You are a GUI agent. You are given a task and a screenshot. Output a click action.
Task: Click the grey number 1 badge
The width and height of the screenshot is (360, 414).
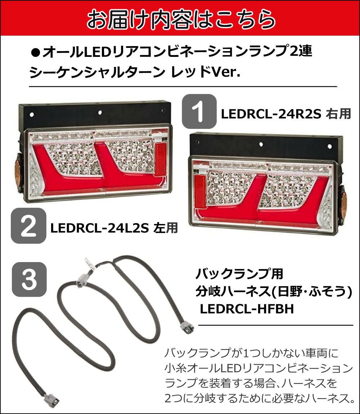tap(199, 112)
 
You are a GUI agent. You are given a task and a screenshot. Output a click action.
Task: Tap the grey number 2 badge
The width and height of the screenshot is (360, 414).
tap(28, 226)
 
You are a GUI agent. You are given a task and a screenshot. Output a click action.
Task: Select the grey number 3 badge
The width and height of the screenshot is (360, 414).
tap(29, 279)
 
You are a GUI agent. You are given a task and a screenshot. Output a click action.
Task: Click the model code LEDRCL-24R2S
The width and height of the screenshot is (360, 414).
tap(271, 114)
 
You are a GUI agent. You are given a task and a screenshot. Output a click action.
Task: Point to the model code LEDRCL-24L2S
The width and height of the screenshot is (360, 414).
tap(100, 228)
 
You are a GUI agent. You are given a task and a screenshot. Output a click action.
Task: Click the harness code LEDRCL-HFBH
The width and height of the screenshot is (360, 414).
tap(247, 309)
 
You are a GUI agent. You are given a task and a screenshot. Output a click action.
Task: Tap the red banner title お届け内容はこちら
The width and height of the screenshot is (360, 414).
tap(181, 19)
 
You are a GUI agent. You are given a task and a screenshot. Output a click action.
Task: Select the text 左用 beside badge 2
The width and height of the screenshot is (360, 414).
tap(166, 228)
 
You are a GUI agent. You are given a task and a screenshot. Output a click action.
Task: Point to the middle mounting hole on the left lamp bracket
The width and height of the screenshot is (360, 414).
tap(100, 112)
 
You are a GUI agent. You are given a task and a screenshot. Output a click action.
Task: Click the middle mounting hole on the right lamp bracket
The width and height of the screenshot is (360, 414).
tap(261, 144)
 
